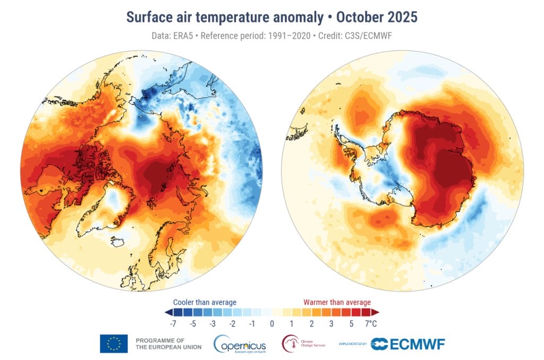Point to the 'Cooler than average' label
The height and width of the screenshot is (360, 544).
pyautogui.click(x=205, y=302)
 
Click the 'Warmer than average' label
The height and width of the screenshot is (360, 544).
pyautogui.click(x=337, y=302)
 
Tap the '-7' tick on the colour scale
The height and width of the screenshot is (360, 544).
pyautogui.click(x=174, y=323)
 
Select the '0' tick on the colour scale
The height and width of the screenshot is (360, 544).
pyautogui.click(x=272, y=323)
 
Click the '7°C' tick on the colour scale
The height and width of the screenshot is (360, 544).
pyautogui.click(x=370, y=323)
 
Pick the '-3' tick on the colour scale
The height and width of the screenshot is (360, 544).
pyautogui.click(x=213, y=323)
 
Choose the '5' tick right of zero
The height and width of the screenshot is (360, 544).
pyautogui.click(x=351, y=323)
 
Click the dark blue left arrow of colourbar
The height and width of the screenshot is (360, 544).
pyautogui.click(x=168, y=312)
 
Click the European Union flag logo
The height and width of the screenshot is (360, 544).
pyautogui.click(x=114, y=344)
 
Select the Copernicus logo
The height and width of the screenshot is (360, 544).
pyautogui.click(x=239, y=344)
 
